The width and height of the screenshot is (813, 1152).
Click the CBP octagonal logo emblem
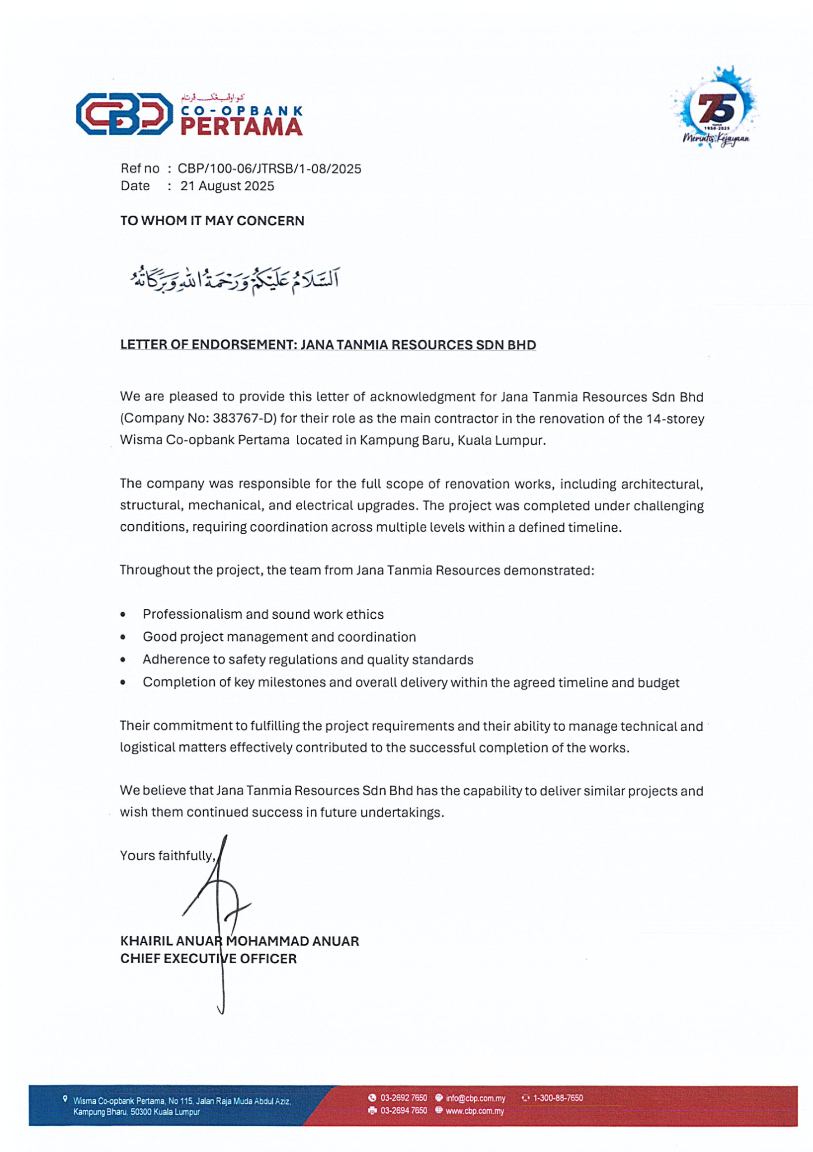click(x=124, y=114)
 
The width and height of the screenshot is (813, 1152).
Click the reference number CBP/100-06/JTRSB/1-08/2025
click(x=269, y=169)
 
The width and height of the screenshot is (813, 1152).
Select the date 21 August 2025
click(x=227, y=186)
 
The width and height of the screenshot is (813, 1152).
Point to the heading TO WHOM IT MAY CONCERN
click(x=212, y=221)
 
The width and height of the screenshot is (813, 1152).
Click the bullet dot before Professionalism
click(x=123, y=615)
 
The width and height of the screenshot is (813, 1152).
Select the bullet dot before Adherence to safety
click(x=123, y=660)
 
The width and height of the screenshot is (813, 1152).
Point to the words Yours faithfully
click(x=168, y=856)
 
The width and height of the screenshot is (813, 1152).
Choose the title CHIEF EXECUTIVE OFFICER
click(x=208, y=959)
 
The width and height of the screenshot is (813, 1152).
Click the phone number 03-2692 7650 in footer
click(x=403, y=1098)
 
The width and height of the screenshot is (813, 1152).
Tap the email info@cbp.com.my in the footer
click(x=475, y=1098)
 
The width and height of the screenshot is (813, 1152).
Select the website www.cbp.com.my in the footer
click(x=474, y=1111)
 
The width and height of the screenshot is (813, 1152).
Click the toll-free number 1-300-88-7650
click(x=558, y=1098)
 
